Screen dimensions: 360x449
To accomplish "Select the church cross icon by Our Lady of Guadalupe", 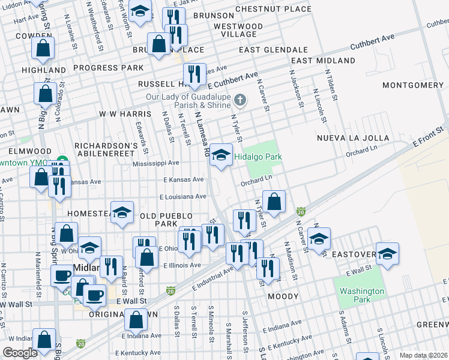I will pos(240,100).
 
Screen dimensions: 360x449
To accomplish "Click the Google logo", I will pos(20,353).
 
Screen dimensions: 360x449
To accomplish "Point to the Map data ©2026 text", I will pos(423,355).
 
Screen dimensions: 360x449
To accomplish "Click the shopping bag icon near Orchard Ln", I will pos(274,203).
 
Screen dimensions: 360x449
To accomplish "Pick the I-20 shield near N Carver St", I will pos(301,211).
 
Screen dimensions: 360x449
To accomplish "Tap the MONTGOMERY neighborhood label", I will pos(412,85).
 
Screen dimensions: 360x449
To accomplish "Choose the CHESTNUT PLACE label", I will pos(273,9).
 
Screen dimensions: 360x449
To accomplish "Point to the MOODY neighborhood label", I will pos(283,296).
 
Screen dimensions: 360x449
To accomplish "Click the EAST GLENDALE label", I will pos(273,50).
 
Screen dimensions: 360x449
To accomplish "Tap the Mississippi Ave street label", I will pos(156,163).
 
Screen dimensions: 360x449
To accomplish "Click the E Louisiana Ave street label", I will pos(183,196).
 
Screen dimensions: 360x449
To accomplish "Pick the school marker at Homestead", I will pos(122,213).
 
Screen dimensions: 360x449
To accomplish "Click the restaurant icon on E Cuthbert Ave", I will pos(194,74).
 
